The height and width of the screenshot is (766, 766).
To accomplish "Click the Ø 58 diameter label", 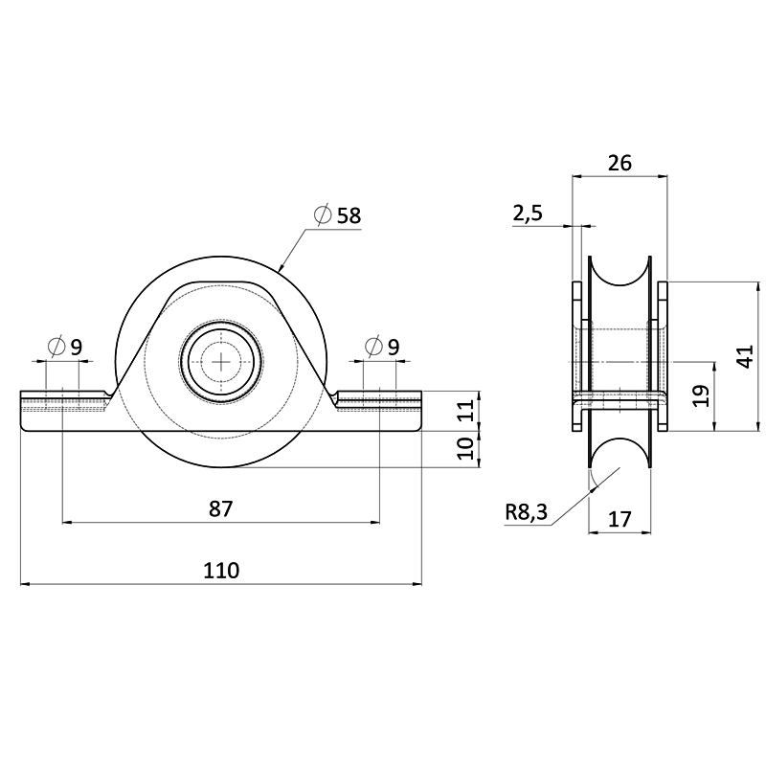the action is pyautogui.click(x=338, y=214).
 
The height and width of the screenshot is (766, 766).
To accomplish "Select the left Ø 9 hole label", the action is pyautogui.click(x=65, y=347).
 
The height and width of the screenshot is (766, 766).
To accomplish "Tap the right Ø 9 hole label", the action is pyautogui.click(x=382, y=347).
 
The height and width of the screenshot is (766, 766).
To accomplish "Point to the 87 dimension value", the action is pyautogui.click(x=221, y=509).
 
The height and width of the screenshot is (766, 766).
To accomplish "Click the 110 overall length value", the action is pyautogui.click(x=221, y=570).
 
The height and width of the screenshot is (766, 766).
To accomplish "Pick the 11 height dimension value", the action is pyautogui.click(x=467, y=411).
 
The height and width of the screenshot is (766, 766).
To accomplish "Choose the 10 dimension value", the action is pyautogui.click(x=466, y=448).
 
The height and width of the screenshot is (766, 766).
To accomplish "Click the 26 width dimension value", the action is pyautogui.click(x=620, y=163).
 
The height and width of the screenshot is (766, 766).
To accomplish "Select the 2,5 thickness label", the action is pyautogui.click(x=528, y=214).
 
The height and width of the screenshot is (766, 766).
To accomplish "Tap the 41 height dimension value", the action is pyautogui.click(x=746, y=356).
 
